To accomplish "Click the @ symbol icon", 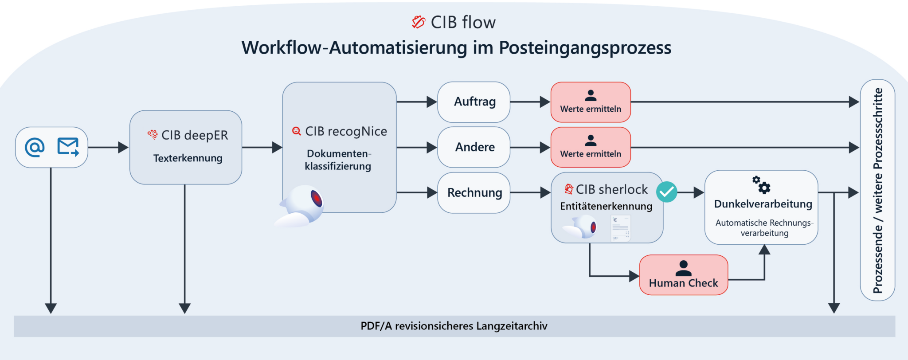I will tap(35, 147).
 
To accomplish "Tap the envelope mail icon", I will tap(68, 147).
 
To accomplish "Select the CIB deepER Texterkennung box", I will tap(186, 147).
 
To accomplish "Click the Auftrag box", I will tap(474, 102).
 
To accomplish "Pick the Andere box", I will tap(474, 147).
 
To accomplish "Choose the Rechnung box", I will tap(474, 193).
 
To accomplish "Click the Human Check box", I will tap(683, 275).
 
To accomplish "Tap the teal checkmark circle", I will tap(666, 192).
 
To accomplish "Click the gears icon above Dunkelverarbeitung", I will tap(761, 184).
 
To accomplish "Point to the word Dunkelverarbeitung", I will tap(763, 204).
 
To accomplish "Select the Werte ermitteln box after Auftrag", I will tap(591, 102).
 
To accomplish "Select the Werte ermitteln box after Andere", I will tap(591, 147).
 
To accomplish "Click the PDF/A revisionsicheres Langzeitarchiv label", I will tap(454, 326).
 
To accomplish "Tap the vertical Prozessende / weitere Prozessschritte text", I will tap(877, 191).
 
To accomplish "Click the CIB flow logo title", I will tap(454, 22).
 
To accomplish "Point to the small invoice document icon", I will tap(620, 228).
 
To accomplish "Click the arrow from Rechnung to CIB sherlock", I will tap(530, 193).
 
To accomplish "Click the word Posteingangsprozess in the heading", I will tap(585, 48).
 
